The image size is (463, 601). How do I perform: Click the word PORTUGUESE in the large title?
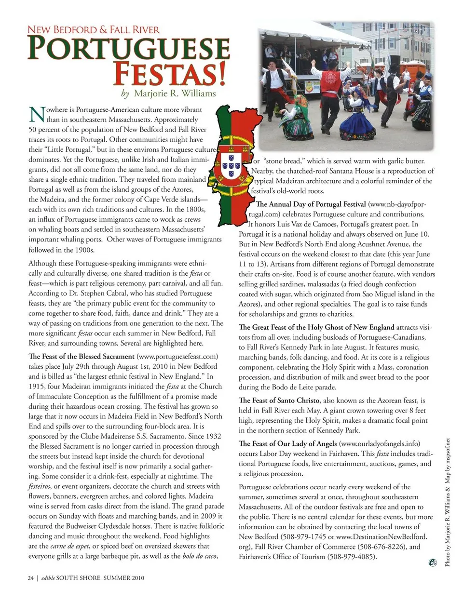coord(128,49)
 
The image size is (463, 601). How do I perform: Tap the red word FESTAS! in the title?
coord(169,74)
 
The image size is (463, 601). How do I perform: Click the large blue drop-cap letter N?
coord(37,115)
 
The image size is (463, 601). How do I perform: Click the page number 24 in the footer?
coord(30,578)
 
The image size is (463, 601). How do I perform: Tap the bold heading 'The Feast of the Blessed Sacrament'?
coord(82,357)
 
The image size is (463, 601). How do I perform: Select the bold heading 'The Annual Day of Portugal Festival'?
coord(311,204)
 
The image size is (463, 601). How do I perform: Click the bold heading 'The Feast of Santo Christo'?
coord(279,401)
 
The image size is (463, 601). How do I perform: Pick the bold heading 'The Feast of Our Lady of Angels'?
coord(287,443)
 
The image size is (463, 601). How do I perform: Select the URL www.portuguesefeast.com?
coord(177,357)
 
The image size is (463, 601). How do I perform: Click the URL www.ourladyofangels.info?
coord(379,443)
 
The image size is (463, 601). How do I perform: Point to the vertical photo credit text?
coord(448,501)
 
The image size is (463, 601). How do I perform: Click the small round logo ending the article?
coord(433,562)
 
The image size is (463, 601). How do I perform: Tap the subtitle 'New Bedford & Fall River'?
coord(94,29)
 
